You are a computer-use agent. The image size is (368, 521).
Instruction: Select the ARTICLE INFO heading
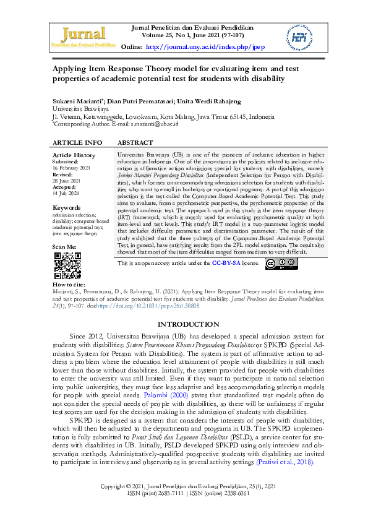77,143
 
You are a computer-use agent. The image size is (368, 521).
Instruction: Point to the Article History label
74,155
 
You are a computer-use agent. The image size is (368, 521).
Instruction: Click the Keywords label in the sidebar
67,207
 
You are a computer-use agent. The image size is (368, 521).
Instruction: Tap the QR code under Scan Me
67,265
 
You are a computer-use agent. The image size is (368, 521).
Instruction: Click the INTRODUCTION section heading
189,324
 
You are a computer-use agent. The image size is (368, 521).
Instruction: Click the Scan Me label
65,247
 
